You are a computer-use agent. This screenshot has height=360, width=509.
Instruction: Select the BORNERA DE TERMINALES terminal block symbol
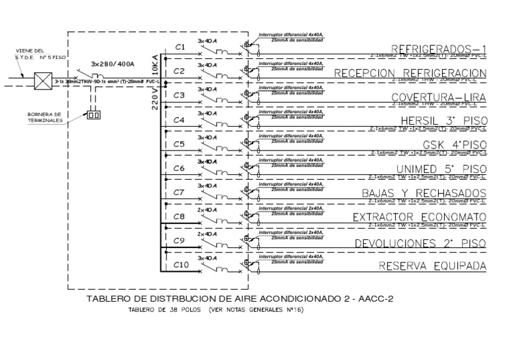coord(93,116)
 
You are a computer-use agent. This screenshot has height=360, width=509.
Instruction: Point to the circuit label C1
coord(179,46)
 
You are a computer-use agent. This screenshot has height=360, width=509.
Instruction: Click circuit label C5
coord(179,144)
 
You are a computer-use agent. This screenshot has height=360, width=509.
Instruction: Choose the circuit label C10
coord(181,266)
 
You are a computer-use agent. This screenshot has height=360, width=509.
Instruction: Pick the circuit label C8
coord(179,217)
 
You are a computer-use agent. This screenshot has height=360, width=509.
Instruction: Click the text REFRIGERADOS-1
coord(439,48)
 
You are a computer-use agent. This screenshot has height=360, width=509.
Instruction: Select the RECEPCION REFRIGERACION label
coord(412,73)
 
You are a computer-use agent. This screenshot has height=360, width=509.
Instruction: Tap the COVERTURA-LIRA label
coord(439,97)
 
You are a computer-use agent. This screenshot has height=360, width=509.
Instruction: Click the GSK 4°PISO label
coord(455,145)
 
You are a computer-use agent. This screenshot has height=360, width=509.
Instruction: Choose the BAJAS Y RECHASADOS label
coord(424,194)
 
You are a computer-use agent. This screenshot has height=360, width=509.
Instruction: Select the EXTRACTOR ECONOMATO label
coord(420,217)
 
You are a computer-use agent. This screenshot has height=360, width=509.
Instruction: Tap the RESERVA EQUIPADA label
coord(432,267)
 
